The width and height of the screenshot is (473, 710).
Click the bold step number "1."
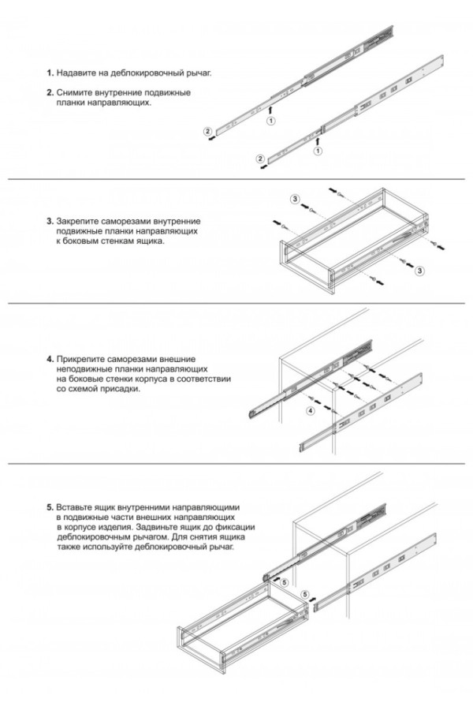click(50, 73)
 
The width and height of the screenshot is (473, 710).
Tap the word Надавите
click(77, 73)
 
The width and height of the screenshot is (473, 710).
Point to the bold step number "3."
click(50, 221)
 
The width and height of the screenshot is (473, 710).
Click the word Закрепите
click(80, 221)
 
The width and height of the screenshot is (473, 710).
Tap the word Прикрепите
click(83, 359)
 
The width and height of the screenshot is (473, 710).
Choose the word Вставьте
click(77, 506)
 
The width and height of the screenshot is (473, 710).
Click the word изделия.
click(116, 526)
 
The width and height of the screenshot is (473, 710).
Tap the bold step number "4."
click(50, 359)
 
